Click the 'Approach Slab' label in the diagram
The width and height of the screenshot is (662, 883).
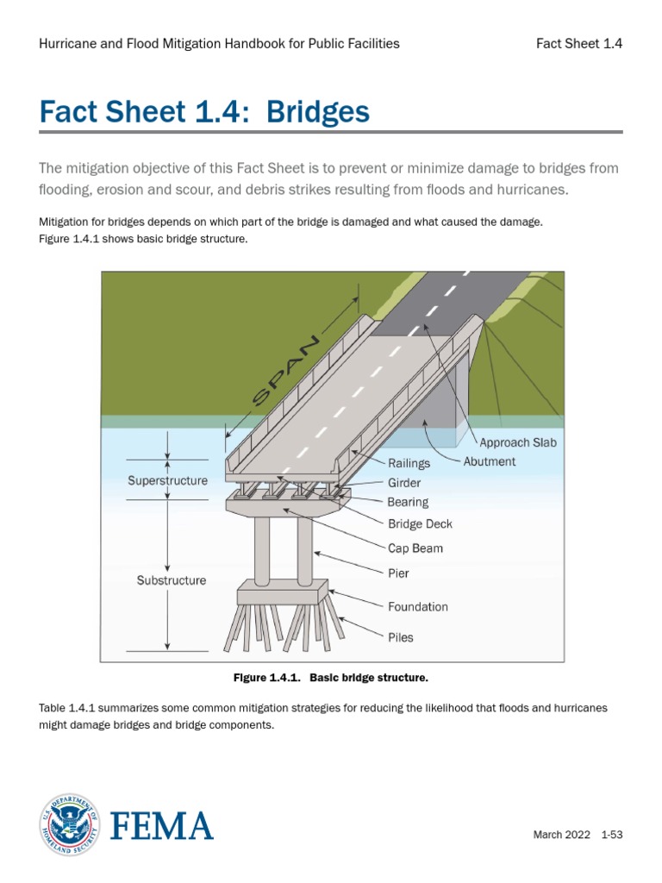[x=518, y=442]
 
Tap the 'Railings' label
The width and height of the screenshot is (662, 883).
[x=409, y=464]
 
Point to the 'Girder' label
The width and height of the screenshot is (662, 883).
[x=404, y=484]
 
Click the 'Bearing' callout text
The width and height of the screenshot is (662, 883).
[x=408, y=502]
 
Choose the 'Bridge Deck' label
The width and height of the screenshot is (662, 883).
[x=420, y=523]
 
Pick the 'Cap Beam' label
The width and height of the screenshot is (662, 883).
[x=415, y=548]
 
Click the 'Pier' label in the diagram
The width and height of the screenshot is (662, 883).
[x=398, y=573]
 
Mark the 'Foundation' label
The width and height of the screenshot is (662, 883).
[x=418, y=607]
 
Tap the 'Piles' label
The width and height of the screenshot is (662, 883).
[x=401, y=638]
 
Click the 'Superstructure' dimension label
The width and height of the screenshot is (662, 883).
[x=167, y=481]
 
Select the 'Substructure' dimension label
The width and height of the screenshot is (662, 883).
[x=172, y=581]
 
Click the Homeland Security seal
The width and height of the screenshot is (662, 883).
[x=69, y=825]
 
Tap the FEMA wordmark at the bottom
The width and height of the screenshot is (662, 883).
[x=161, y=827]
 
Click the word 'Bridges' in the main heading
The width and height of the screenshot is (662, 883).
[x=318, y=112]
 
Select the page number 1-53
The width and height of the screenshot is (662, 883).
[x=612, y=835]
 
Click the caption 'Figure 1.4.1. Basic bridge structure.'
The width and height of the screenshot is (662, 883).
[x=331, y=678]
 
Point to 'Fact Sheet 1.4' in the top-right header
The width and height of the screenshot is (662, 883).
[x=579, y=44]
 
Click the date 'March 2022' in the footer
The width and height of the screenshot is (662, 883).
[x=560, y=835]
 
